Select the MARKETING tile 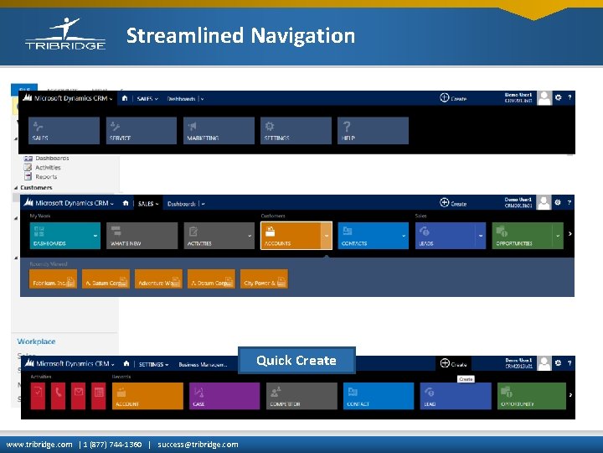219,130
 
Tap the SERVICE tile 140,130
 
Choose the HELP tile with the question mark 374,130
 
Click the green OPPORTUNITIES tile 528,236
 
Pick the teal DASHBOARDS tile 64,236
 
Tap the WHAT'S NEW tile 142,236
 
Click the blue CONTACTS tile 374,236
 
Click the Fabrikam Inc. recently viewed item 53,279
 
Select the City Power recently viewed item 264,279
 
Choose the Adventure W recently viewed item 158,279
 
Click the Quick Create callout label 296,361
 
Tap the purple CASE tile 224,396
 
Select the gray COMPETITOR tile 301,396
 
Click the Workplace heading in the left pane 37,341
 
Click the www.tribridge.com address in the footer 39,445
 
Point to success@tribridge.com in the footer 198,445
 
